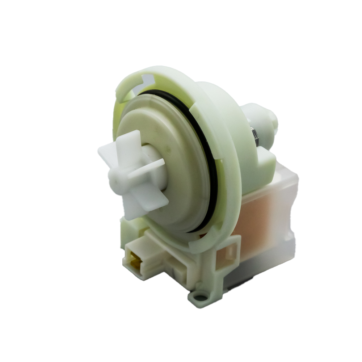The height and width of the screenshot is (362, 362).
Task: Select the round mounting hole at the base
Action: click(198, 297)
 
